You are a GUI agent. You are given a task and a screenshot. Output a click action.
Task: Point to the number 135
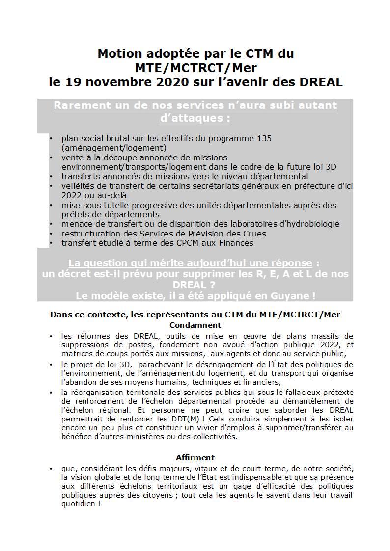click(264, 139)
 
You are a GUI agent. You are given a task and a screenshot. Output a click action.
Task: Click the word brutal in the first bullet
click(118, 139)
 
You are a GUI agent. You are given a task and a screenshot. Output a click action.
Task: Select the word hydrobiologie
click(312, 224)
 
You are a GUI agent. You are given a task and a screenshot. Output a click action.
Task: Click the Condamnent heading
click(195, 325)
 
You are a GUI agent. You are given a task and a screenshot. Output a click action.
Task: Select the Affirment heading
click(195, 457)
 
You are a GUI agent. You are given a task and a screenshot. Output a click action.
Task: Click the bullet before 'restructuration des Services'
click(51, 233)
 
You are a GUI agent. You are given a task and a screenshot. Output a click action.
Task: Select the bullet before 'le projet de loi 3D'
click(51, 365)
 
